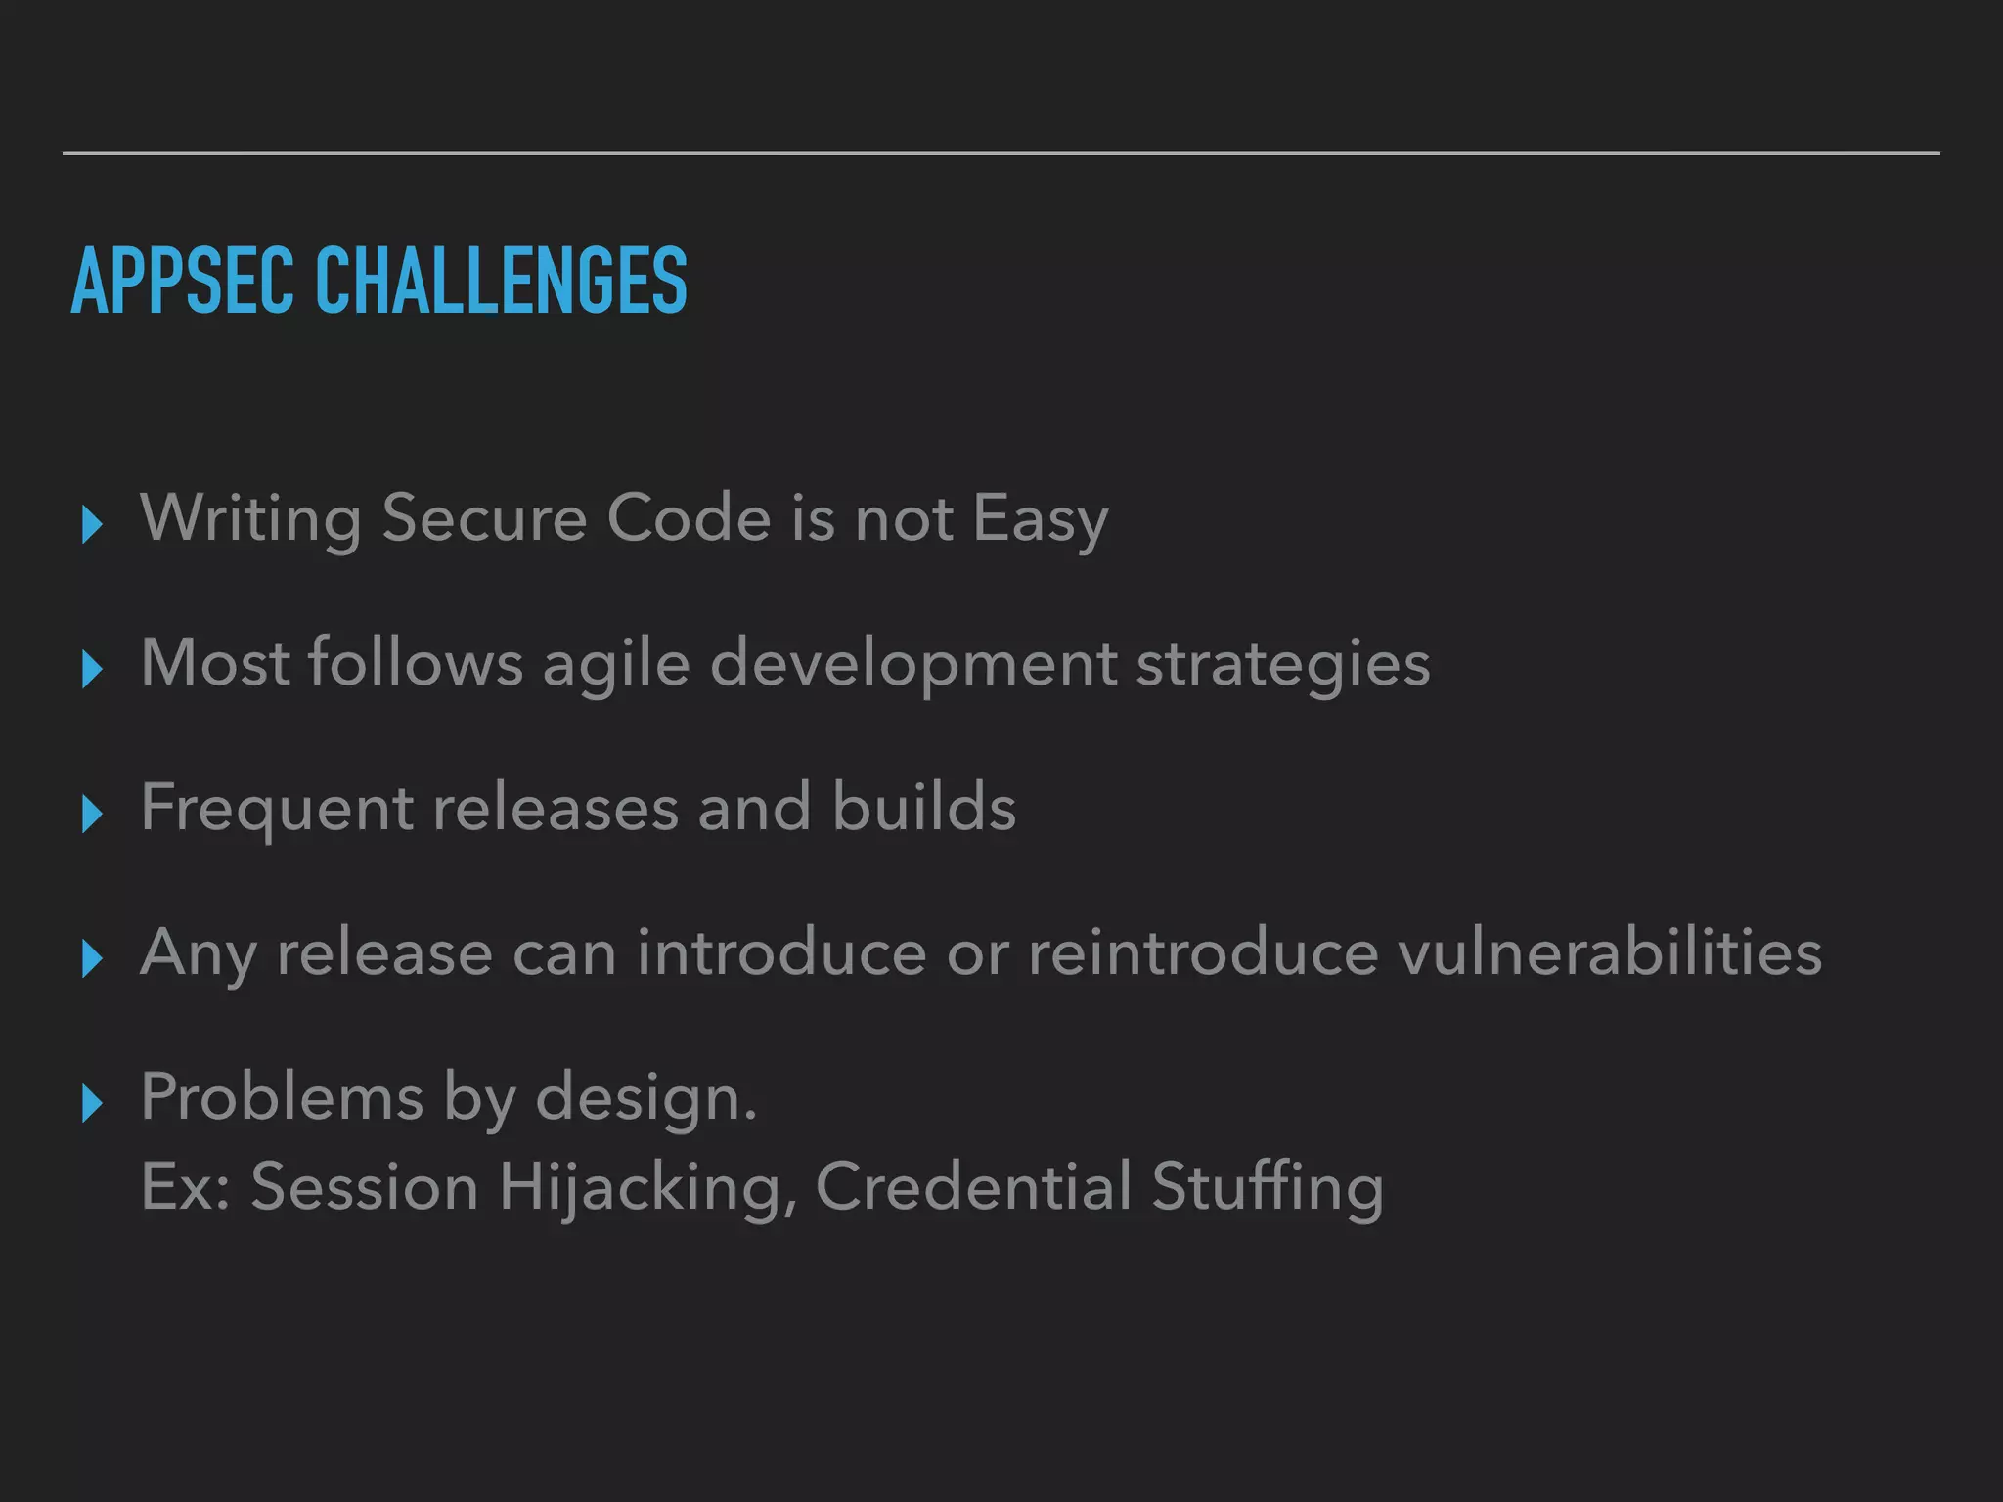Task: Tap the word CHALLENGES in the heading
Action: tap(501, 282)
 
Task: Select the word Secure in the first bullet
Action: tap(484, 517)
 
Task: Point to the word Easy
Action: tap(1041, 519)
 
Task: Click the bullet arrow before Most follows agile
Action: tap(93, 670)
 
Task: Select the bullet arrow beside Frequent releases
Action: tap(93, 814)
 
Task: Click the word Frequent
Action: tap(277, 809)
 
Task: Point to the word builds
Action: tap(923, 807)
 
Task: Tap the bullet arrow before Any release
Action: tap(93, 958)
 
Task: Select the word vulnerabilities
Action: tap(1610, 951)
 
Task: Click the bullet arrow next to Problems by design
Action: tap(93, 1103)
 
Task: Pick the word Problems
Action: tap(282, 1096)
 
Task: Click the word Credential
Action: tap(973, 1186)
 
